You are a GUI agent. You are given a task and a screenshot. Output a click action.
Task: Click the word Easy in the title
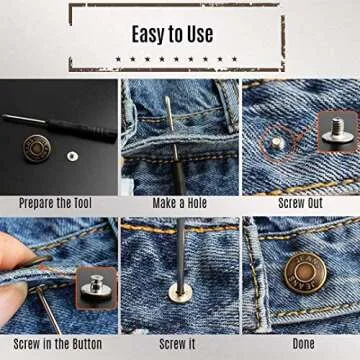tap(151, 34)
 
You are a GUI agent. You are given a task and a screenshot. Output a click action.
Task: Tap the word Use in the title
tap(200, 34)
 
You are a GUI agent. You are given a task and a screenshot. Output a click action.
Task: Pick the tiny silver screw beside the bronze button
tap(72, 156)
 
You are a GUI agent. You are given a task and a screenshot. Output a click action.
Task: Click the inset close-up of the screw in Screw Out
tap(337, 130)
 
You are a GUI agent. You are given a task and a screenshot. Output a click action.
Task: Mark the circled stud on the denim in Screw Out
tap(276, 145)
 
